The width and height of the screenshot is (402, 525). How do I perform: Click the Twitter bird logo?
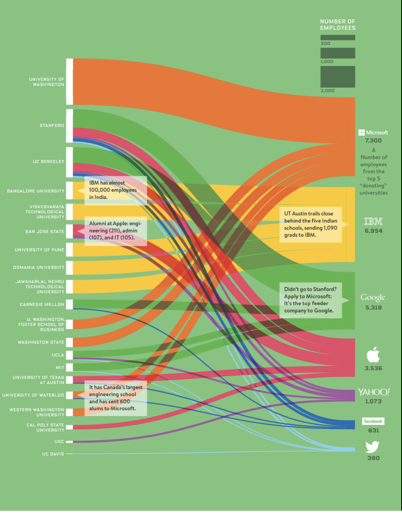pos(372,447)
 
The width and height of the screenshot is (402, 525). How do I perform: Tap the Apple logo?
pos(373,354)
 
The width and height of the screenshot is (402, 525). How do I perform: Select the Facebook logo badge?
pos(373,421)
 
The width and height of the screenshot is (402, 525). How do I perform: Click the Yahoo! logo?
pos(373,392)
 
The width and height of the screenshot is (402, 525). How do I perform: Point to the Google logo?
pos(373,297)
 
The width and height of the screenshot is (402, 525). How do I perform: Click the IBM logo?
pos(373,222)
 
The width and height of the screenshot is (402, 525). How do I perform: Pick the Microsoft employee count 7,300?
pos(373,141)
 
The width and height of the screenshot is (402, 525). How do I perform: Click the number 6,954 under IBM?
pos(373,231)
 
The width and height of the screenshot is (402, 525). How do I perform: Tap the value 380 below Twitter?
pos(373,458)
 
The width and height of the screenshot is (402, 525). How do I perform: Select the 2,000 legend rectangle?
pos(338,77)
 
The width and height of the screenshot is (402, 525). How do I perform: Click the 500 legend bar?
pos(338,38)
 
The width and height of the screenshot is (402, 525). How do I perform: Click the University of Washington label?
pos(47,82)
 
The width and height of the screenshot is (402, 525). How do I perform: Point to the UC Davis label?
pos(53,454)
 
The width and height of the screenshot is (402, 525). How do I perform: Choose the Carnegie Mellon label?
pos(42,304)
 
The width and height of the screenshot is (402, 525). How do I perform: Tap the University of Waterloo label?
pos(33,395)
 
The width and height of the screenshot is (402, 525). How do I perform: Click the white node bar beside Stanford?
pos(69,126)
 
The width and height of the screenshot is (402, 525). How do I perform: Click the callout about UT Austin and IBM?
pos(310,224)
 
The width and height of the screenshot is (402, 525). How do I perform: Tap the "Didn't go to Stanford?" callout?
pos(310,300)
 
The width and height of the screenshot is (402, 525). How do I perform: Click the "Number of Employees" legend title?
pos(338,25)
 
